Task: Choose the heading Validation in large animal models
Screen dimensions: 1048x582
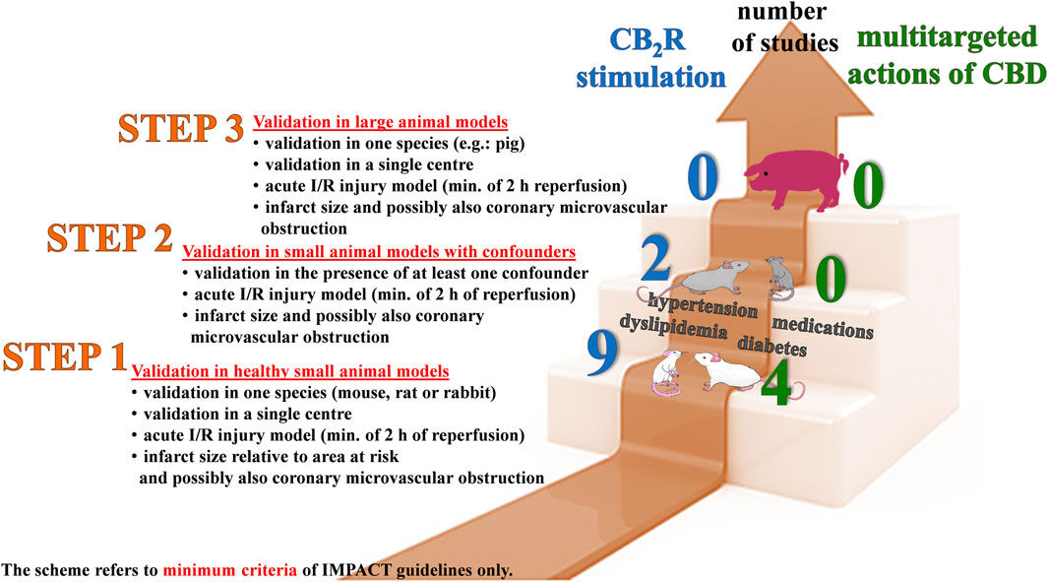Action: tap(380, 123)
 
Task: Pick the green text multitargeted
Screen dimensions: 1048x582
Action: tap(934, 38)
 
